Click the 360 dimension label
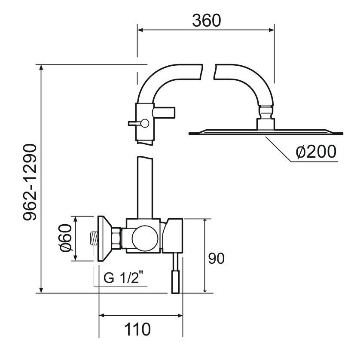(x=206, y=20)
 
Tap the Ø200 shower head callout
(x=316, y=152)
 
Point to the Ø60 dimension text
(x=66, y=239)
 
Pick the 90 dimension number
(x=217, y=258)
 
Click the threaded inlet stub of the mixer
(x=94, y=238)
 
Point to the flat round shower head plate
(x=266, y=132)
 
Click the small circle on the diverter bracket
(x=145, y=123)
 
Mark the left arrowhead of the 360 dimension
(x=140, y=30)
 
